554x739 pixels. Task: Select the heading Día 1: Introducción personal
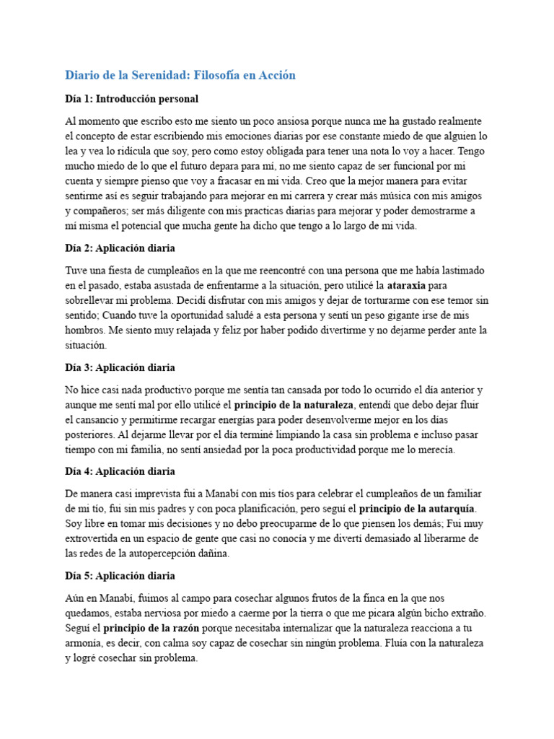click(131, 98)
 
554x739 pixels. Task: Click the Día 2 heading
click(120, 248)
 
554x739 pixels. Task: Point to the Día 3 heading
click(120, 367)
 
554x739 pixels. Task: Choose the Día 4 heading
click(120, 471)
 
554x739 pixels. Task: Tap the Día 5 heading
click(120, 576)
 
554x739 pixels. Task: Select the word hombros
click(85, 331)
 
